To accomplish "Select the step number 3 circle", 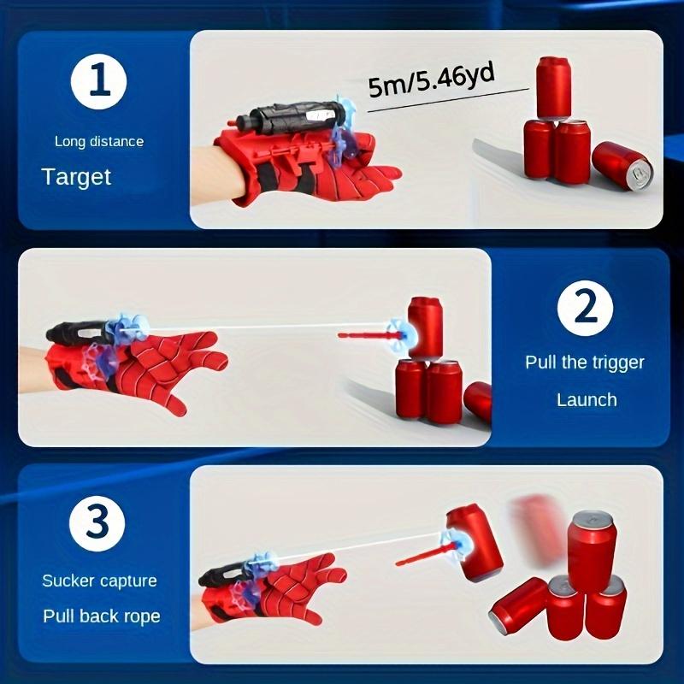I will (x=98, y=521).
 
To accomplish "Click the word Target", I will (x=77, y=177).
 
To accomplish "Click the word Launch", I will (x=587, y=399).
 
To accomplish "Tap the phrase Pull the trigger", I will (x=585, y=362).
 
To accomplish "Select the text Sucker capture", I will (x=99, y=581).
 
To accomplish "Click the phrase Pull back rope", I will (x=101, y=616).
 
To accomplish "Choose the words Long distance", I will (x=98, y=141).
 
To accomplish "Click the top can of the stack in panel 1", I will (x=553, y=88).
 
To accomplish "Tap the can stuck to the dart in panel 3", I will (x=473, y=540).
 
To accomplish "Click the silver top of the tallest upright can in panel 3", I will (x=592, y=518).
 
